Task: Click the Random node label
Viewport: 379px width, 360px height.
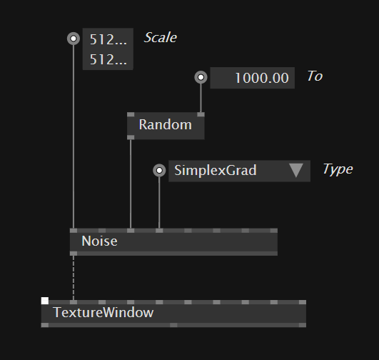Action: [166, 125]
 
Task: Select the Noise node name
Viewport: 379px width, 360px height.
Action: [100, 241]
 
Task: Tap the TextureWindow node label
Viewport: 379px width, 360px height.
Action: [103, 312]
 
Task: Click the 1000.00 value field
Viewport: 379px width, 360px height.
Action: [253, 78]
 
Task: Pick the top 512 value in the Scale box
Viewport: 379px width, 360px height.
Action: [108, 39]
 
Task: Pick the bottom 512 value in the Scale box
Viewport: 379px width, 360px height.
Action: [108, 59]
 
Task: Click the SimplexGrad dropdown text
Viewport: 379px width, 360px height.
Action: [216, 170]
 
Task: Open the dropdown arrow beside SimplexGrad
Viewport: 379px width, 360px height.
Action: [296, 170]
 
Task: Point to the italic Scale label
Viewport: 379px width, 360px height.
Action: [161, 38]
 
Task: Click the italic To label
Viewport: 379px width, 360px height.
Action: [315, 76]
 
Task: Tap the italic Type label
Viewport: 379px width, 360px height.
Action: [338, 169]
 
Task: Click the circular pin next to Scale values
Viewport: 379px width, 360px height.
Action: [74, 39]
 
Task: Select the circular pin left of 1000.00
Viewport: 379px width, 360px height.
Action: [201, 77]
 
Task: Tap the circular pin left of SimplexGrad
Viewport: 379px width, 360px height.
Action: [159, 170]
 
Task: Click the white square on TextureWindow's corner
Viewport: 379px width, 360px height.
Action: [45, 301]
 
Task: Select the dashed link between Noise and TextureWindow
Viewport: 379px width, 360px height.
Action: [74, 278]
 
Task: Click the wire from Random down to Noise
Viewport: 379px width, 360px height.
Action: [131, 184]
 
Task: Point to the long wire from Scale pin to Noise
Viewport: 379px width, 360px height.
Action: [74, 136]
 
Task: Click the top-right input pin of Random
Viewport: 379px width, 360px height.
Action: [201, 114]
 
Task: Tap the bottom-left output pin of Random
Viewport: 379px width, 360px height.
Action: [131, 137]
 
